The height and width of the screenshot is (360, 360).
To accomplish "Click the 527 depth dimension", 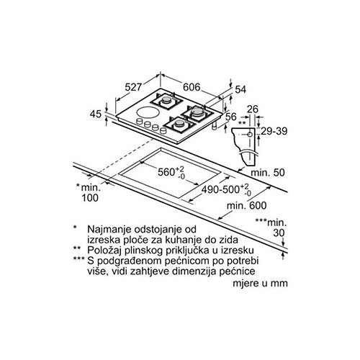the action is [134, 87].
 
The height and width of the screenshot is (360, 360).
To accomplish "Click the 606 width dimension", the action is [192, 87].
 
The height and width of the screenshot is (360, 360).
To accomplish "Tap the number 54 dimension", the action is [240, 89].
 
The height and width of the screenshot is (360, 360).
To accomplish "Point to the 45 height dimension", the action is [96, 114].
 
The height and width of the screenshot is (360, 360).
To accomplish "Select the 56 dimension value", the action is [231, 117].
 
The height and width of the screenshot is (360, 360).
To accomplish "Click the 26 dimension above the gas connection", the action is [253, 109].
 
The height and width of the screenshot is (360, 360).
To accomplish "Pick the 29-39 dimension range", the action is [274, 131].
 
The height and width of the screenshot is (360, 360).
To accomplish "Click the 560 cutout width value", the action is [166, 172].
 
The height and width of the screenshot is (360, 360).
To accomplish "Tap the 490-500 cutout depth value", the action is [220, 189].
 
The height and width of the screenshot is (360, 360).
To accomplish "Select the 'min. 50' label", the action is [268, 173].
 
